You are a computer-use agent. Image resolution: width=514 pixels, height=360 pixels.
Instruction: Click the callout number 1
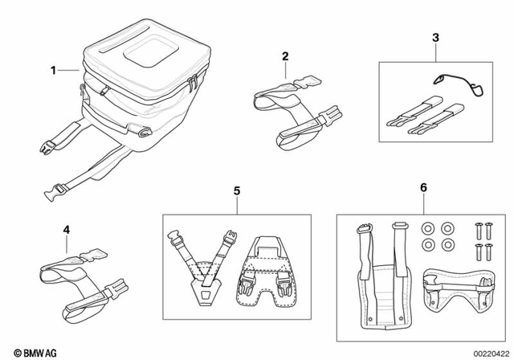click(54, 70)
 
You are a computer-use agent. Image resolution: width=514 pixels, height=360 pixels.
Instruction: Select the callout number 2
click(284, 55)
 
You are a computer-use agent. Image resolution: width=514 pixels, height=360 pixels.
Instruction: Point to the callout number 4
click(67, 229)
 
